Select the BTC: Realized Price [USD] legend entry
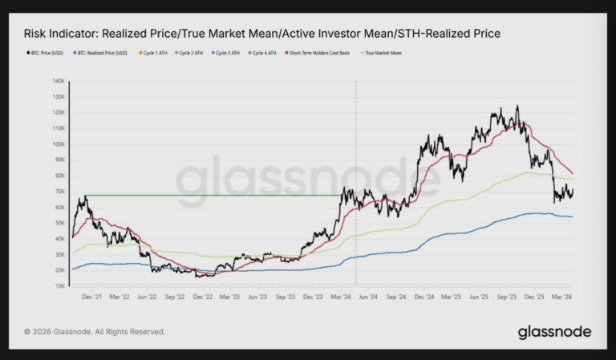click(100, 53)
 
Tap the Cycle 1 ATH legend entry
click(154, 53)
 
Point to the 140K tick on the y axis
click(59, 81)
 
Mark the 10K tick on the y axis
click(60, 286)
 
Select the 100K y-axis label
click(59, 144)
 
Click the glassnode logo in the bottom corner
click(554, 331)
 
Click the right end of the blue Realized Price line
click(572, 216)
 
